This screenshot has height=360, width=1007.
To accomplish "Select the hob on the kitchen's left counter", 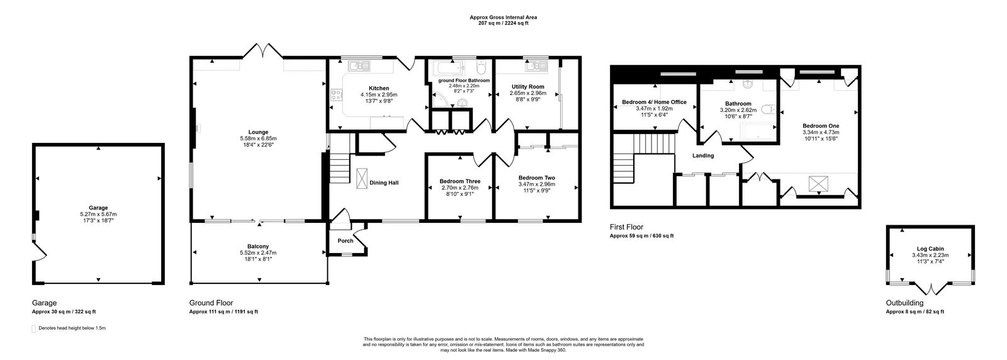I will [334, 96].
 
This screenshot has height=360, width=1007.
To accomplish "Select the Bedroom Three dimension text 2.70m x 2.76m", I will [459, 188].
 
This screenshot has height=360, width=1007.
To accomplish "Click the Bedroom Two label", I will [536, 177].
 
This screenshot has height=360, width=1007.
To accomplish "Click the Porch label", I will [345, 240].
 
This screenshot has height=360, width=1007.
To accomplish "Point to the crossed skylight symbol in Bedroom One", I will [818, 183].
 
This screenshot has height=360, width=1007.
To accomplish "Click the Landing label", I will [703, 155].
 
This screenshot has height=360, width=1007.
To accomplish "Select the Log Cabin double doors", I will [930, 290].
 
